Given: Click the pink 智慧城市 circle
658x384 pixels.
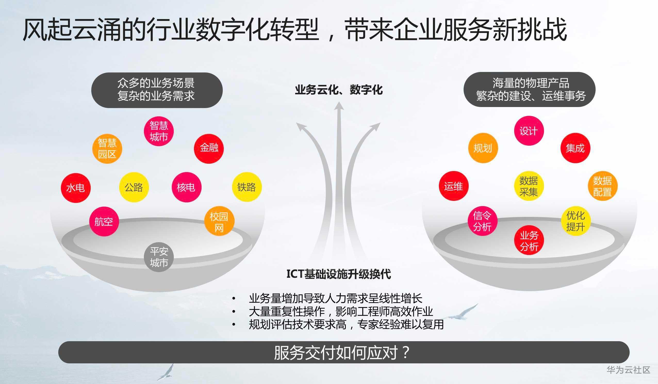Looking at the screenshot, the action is click(x=159, y=131).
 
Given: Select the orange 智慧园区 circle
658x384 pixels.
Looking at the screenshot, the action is click(x=107, y=149).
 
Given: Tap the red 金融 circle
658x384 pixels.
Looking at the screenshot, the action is click(x=209, y=148).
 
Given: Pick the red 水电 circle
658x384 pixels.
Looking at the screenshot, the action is click(x=76, y=187).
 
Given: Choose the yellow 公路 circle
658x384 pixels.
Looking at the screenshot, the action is click(x=134, y=187).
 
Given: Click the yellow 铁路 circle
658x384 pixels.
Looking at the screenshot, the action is click(x=247, y=187).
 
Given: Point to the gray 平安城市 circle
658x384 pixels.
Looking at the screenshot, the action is click(x=159, y=257).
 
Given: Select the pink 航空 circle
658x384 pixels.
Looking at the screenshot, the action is click(x=104, y=222).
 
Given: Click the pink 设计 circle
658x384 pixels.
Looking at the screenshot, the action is click(x=529, y=130).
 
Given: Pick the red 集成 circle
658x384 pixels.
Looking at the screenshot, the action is click(x=575, y=148).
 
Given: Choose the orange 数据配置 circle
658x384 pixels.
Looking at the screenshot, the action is click(x=603, y=186).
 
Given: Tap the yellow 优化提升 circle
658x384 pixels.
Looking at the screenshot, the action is click(x=576, y=221).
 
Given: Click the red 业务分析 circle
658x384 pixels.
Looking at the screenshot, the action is click(x=529, y=240).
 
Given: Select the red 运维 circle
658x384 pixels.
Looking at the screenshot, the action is click(x=454, y=186).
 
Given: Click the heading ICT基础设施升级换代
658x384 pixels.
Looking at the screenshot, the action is click(x=339, y=274).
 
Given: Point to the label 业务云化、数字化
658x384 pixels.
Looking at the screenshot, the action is click(x=339, y=89).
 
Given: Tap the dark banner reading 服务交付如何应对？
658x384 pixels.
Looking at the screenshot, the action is click(x=344, y=352).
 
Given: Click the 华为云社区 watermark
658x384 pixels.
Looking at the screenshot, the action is click(x=628, y=370).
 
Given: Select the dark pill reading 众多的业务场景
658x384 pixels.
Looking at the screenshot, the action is click(x=157, y=90).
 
